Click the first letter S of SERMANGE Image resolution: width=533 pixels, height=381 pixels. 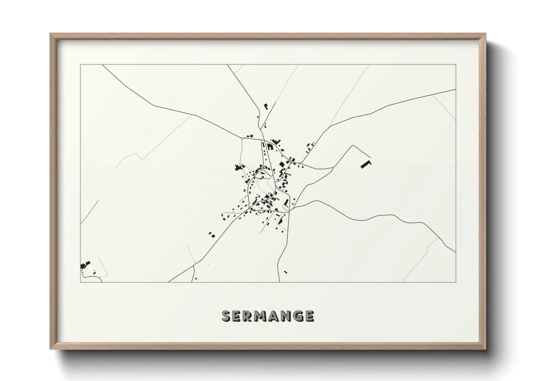tap(227, 316)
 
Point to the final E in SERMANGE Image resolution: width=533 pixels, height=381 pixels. tap(309, 316)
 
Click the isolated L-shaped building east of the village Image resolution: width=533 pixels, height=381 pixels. tap(366, 164)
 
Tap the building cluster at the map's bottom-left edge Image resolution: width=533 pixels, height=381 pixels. tap(85, 266)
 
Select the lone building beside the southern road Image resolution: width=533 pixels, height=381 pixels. tap(286, 272)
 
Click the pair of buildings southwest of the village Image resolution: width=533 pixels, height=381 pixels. tap(211, 235)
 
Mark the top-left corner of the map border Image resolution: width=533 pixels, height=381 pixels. tap(80, 65)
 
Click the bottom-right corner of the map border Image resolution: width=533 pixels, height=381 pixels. tap(456, 282)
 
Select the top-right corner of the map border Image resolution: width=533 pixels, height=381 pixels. tap(456, 65)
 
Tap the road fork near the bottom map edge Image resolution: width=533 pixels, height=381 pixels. tap(194, 266)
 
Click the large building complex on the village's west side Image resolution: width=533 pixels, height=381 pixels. tap(238, 167)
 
